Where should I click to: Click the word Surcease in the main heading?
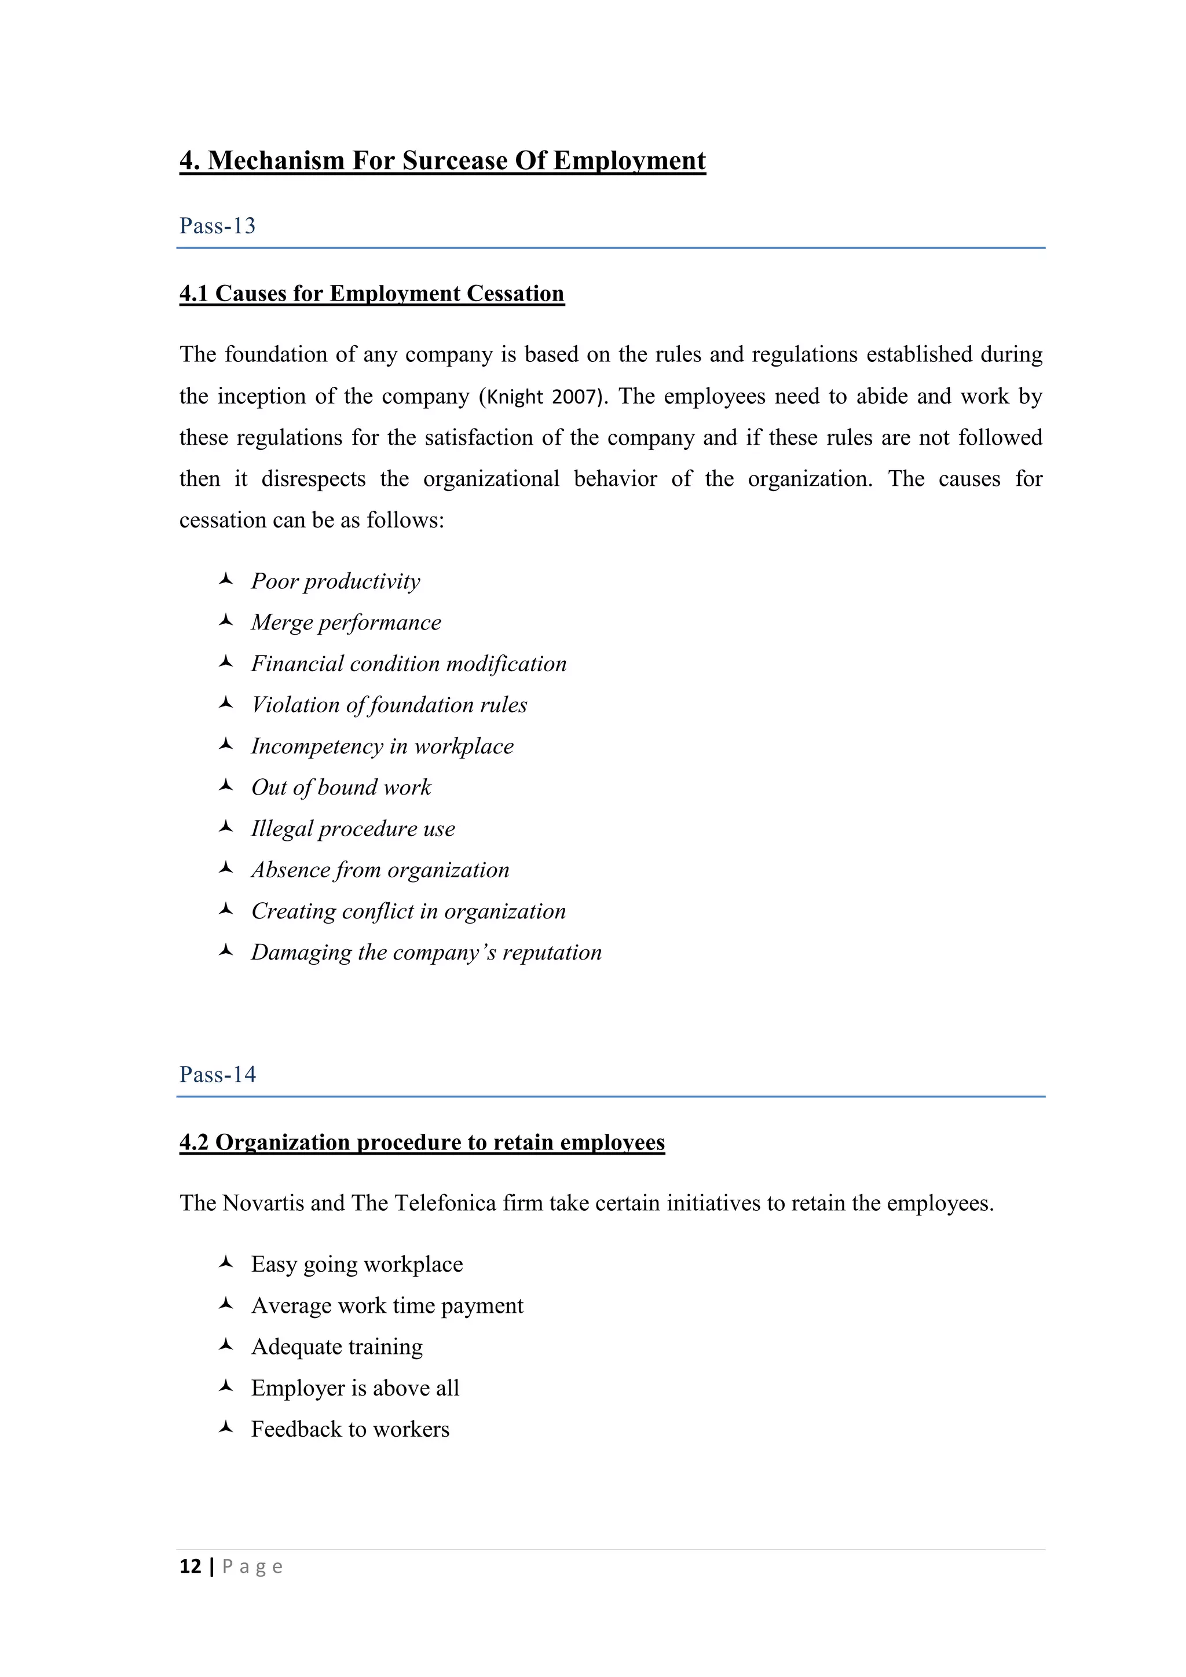coord(454,160)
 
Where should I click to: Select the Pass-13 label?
coord(218,226)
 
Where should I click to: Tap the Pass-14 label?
coord(218,1074)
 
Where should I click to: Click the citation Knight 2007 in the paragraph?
coord(543,397)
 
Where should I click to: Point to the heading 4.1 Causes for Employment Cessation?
coord(372,294)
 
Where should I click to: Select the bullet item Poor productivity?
coord(335,581)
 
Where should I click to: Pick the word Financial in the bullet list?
coord(297,664)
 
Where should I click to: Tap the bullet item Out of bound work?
coord(341,788)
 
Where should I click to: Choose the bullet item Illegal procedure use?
coord(353,829)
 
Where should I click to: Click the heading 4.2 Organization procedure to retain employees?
coord(422,1143)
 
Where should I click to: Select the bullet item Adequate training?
coord(336,1347)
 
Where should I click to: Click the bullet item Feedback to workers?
coord(350,1429)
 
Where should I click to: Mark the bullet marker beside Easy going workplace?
coord(226,1262)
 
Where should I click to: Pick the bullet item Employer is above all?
coord(355,1389)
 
